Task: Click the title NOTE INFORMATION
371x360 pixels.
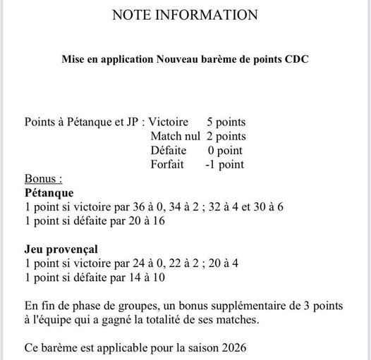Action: pyautogui.click(x=185, y=15)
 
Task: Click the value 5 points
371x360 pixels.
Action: pyautogui.click(x=226, y=122)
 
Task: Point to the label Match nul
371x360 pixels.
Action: pyautogui.click(x=176, y=136)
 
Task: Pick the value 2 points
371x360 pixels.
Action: pyautogui.click(x=226, y=136)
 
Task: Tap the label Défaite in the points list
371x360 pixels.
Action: pyautogui.click(x=169, y=150)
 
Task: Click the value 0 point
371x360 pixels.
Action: pyautogui.click(x=225, y=150)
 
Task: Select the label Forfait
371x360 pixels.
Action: pyautogui.click(x=167, y=164)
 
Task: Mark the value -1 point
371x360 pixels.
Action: pyautogui.click(x=224, y=164)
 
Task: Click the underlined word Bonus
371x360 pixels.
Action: pyautogui.click(x=42, y=178)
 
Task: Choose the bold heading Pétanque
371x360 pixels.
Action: pyautogui.click(x=49, y=192)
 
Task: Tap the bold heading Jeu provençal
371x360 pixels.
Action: pyautogui.click(x=61, y=249)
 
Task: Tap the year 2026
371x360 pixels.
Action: pyautogui.click(x=233, y=347)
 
